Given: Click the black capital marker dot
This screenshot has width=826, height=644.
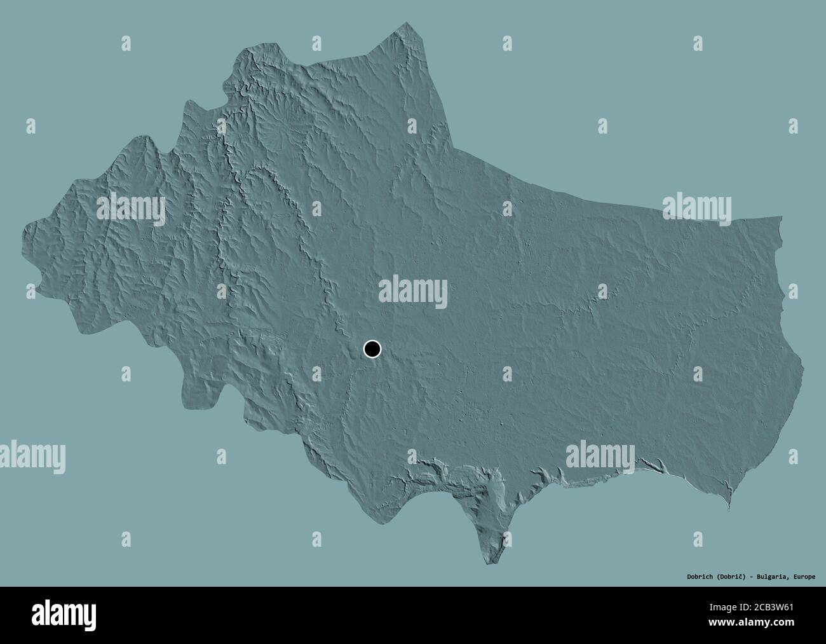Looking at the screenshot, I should coord(372,348).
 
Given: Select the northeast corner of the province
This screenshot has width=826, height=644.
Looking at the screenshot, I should coord(781,218).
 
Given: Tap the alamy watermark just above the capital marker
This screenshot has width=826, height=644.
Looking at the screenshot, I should coord(413,292).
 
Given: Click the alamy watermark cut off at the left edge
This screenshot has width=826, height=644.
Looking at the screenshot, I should coord(32,455).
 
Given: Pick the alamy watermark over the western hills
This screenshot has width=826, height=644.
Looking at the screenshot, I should coord(131,209).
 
